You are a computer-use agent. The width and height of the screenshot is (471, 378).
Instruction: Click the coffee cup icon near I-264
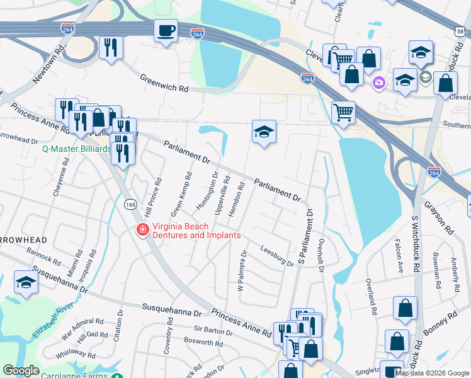(166, 31)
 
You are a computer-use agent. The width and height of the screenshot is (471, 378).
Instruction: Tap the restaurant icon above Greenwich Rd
(111, 48)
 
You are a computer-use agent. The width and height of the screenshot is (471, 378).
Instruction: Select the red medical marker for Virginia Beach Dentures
(143, 230)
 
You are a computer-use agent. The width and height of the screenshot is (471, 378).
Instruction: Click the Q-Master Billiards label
(76, 149)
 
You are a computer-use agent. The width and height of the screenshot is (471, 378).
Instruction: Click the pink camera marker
(379, 83)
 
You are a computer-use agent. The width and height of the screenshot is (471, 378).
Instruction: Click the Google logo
(21, 370)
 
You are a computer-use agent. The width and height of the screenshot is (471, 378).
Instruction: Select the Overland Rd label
(372, 298)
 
